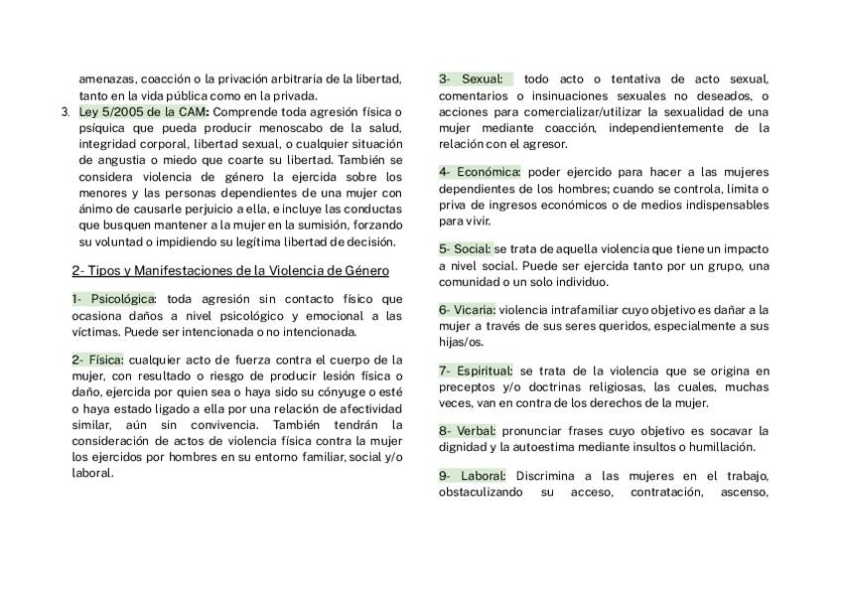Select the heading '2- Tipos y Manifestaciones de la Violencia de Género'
click(229, 270)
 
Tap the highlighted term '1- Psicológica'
click(113, 299)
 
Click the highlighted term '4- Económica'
click(481, 172)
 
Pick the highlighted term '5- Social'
click(465, 249)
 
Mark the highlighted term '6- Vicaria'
click(468, 310)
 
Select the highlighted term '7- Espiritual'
click(476, 371)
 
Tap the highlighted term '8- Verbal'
click(467, 431)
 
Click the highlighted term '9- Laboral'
click(472, 476)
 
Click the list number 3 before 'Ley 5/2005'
click(66, 112)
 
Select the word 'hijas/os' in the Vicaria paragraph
click(461, 342)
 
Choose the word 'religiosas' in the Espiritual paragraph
click(599, 387)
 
